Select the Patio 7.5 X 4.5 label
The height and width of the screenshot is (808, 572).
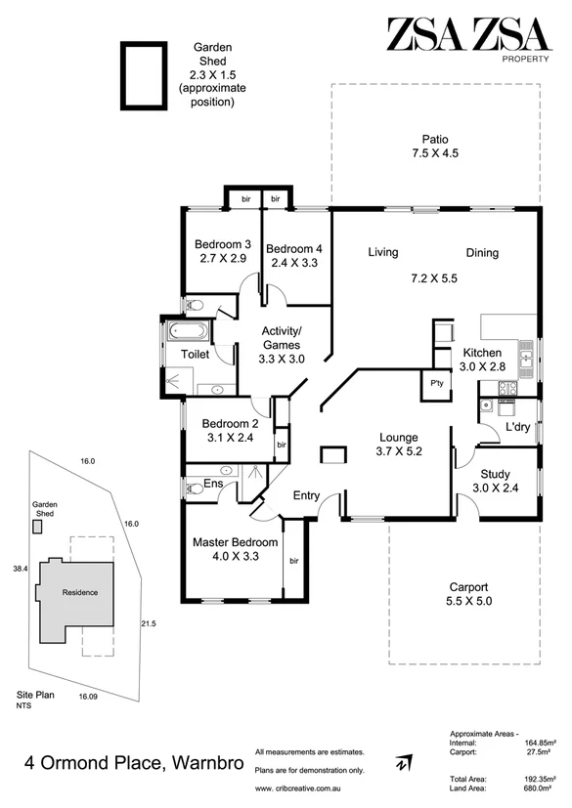(435, 146)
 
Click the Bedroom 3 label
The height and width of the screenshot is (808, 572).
(222, 251)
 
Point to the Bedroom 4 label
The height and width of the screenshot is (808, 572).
(294, 255)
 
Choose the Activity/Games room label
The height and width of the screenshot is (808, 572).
(284, 344)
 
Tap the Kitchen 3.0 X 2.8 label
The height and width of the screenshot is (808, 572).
(482, 359)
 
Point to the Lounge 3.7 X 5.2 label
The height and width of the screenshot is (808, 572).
(399, 444)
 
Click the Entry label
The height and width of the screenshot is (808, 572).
(307, 496)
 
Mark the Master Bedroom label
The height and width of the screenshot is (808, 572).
(235, 548)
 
